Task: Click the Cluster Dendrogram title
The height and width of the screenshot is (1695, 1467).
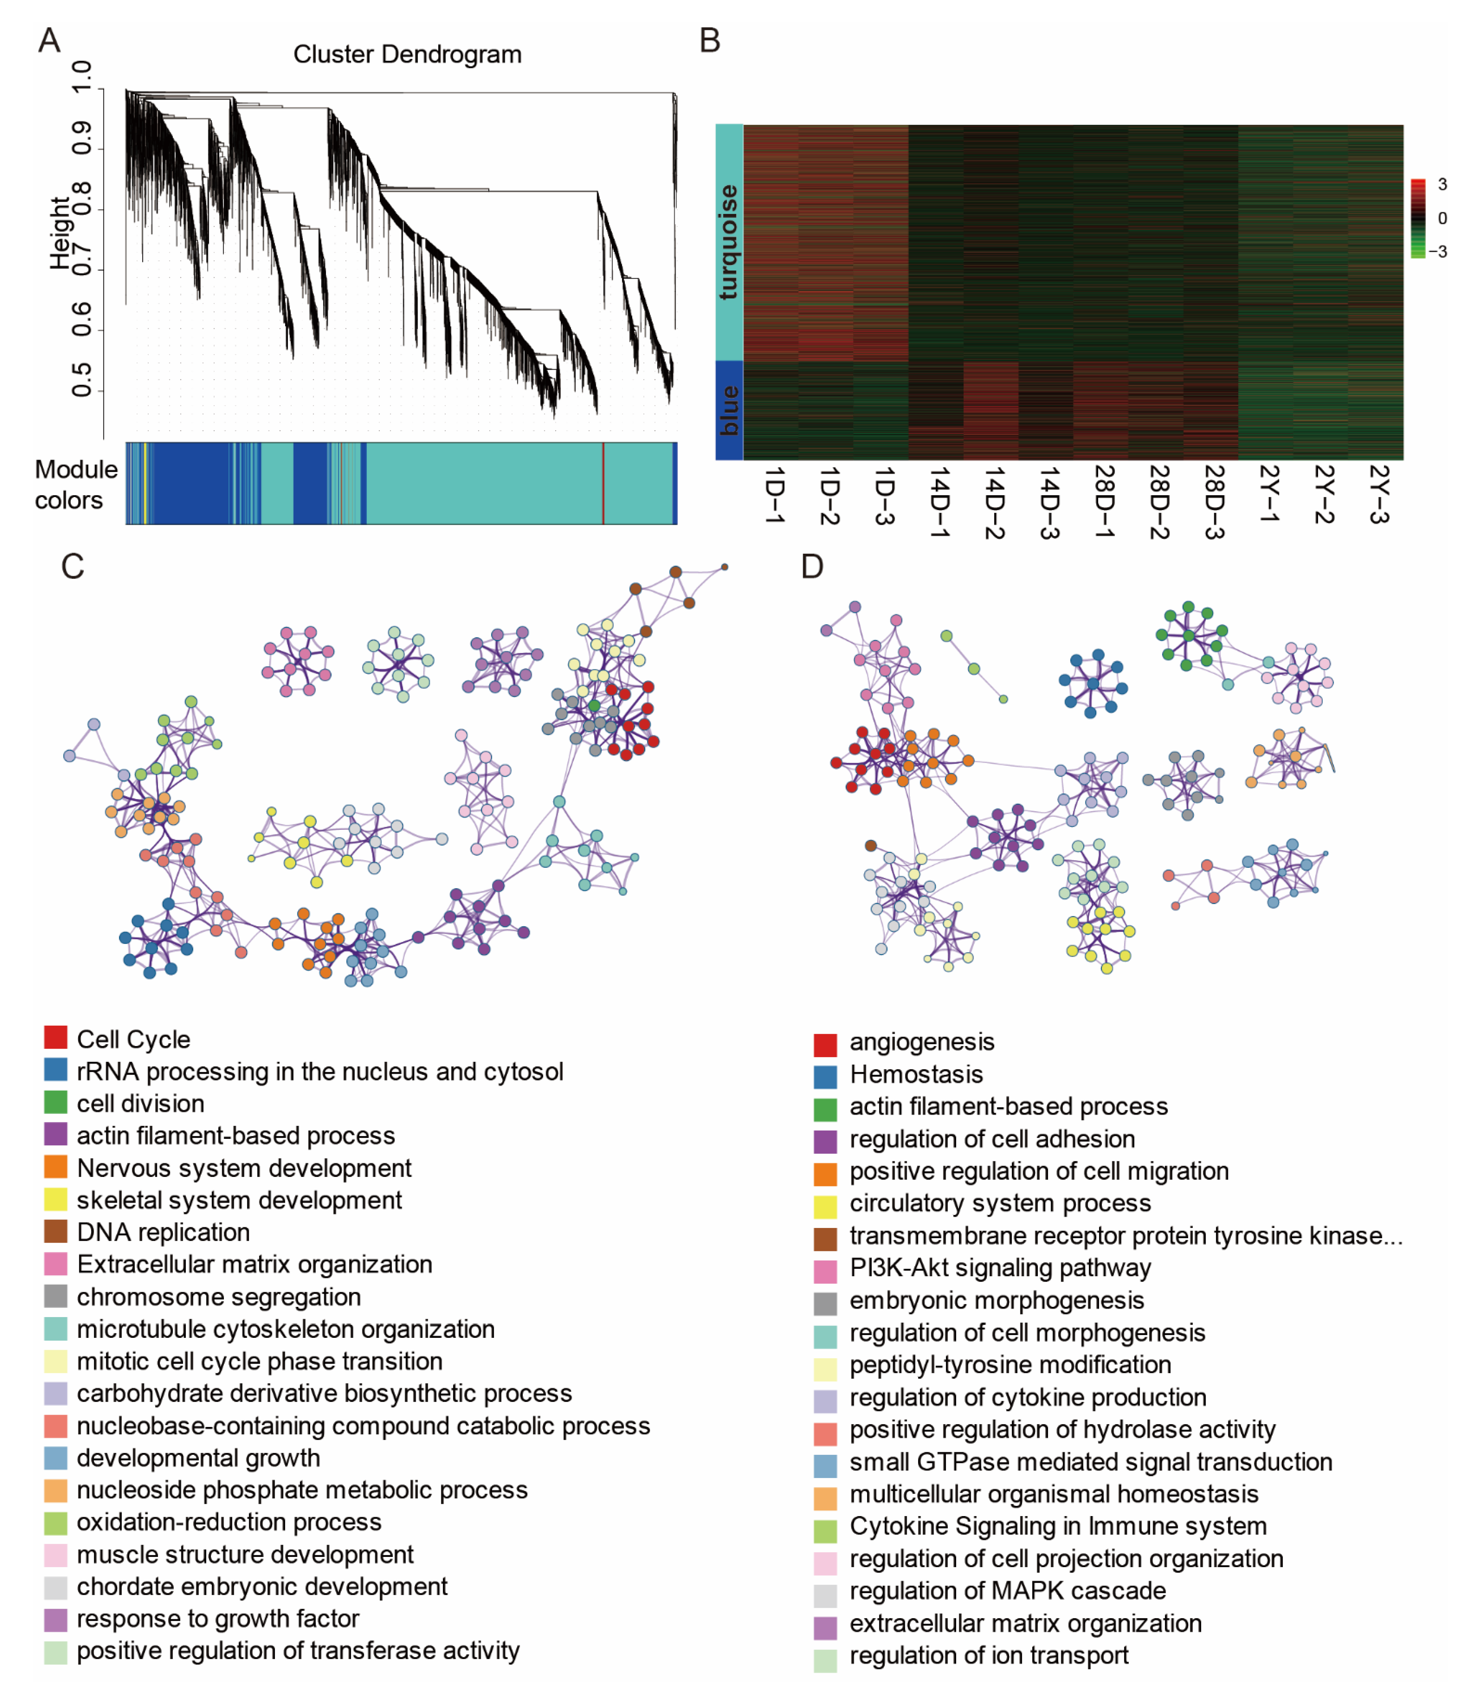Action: pos(407,55)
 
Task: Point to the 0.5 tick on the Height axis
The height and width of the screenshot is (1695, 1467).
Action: pos(82,380)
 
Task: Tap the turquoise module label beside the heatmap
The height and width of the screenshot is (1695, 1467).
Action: pos(728,242)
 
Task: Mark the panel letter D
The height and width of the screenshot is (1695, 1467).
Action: pos(811,566)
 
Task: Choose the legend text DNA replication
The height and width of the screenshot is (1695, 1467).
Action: pos(163,1232)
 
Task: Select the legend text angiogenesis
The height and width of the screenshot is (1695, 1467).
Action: pos(922,1042)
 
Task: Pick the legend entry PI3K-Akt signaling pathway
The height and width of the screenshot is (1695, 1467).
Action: pos(999,1268)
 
